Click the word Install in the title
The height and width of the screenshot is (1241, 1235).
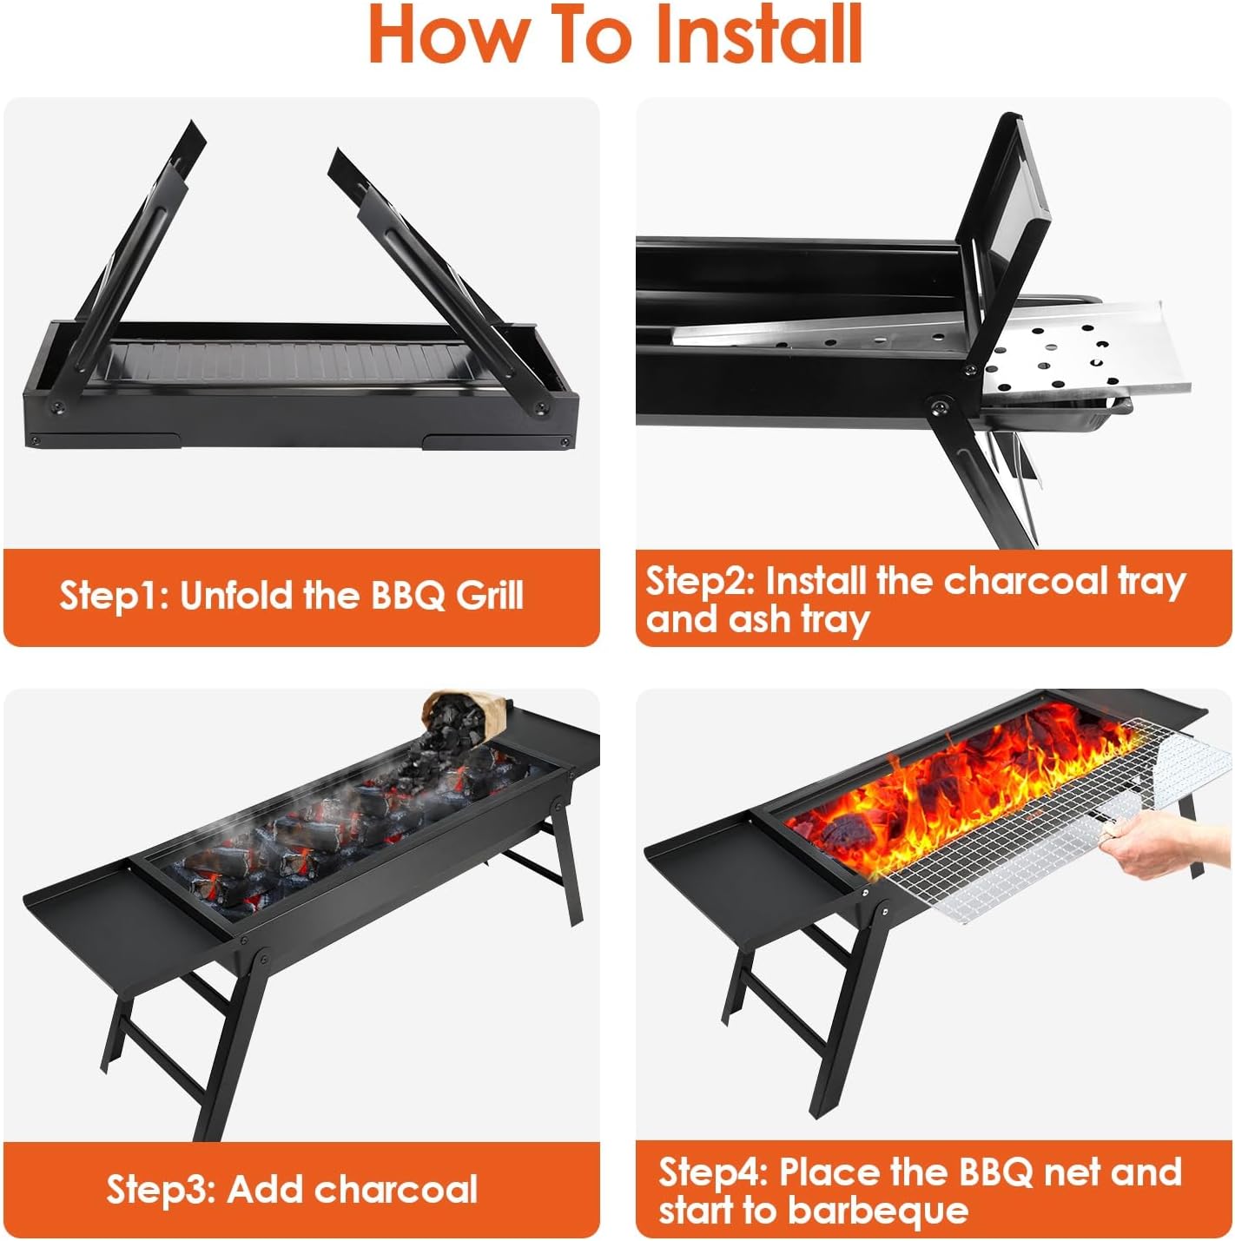(x=757, y=35)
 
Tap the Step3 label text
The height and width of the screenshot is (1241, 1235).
(x=161, y=1189)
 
